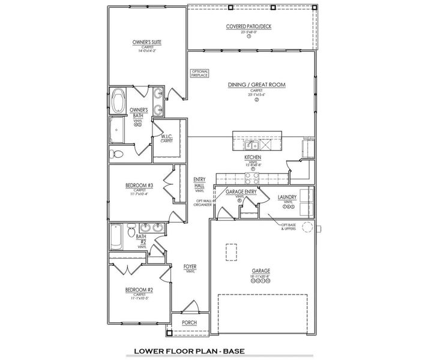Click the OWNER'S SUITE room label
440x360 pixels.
(147, 42)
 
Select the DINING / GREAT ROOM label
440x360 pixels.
(256, 85)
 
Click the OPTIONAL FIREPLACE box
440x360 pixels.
(199, 74)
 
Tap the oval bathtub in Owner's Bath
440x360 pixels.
(118, 99)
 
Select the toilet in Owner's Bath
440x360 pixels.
(117, 154)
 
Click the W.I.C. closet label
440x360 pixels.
(167, 137)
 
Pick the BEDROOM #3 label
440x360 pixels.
(139, 185)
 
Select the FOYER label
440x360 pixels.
(190, 266)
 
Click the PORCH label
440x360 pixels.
(190, 322)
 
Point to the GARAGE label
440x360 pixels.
(261, 271)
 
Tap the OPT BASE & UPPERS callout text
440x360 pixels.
(290, 227)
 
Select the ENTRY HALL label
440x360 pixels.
(199, 182)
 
